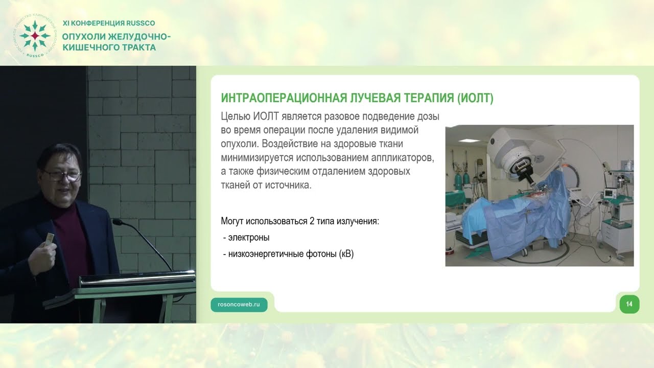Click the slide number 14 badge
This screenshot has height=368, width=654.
(x=629, y=304)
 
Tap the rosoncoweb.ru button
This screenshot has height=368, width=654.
(x=239, y=304)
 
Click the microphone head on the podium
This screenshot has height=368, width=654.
(x=117, y=222)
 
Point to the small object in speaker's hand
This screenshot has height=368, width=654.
(x=50, y=240)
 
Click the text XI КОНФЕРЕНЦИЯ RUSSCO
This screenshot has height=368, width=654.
(x=108, y=23)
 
